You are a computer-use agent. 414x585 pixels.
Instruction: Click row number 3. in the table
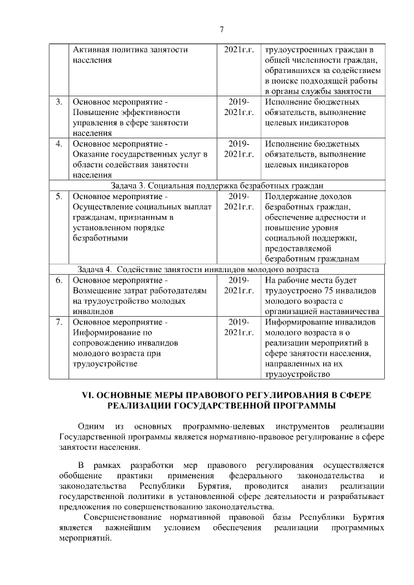point(59,102)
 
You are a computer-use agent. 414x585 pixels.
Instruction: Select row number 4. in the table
point(59,144)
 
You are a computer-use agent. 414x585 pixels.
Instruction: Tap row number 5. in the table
point(59,196)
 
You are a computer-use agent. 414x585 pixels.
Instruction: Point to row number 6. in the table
point(59,281)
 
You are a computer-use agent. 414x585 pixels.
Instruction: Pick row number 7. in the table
point(59,322)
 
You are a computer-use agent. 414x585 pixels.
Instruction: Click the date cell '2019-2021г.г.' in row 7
point(239,327)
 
